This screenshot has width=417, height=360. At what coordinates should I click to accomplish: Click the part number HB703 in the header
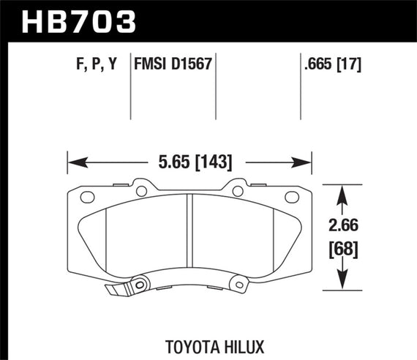tap(70, 20)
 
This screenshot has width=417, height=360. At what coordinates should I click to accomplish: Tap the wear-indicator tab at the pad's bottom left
tap(114, 290)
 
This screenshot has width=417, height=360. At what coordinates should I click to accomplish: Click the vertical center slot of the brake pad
tap(189, 234)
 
